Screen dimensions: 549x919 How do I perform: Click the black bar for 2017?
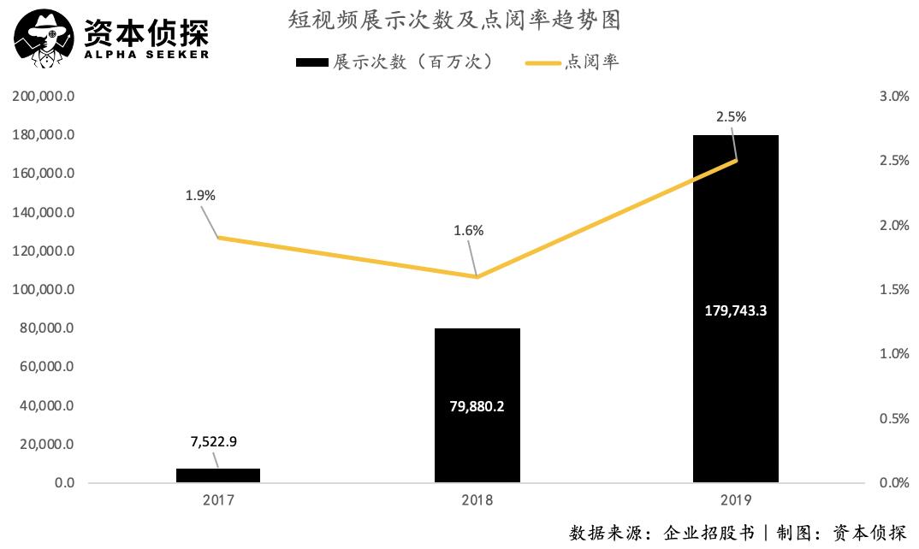[217, 475]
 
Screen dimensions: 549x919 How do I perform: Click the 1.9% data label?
[200, 195]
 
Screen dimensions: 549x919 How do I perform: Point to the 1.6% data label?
[469, 230]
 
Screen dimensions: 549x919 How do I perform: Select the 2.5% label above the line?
[731, 117]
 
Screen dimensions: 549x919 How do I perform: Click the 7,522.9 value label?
[213, 441]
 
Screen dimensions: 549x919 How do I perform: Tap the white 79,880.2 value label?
[477, 406]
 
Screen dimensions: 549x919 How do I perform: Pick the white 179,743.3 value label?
[735, 310]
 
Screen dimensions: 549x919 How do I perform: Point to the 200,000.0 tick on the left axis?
[44, 97]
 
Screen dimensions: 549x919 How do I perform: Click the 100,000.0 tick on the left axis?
[44, 290]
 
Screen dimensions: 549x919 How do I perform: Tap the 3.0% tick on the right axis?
[894, 97]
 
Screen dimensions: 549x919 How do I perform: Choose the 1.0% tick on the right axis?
[894, 354]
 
